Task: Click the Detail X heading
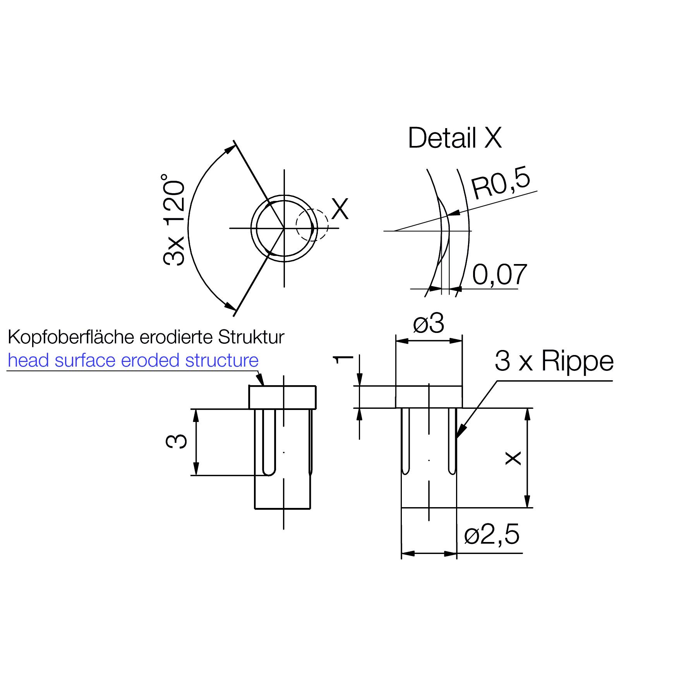coord(454,138)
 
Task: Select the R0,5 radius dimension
coord(501,185)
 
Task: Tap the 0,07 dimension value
coord(499,274)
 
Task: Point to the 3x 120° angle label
coord(174,220)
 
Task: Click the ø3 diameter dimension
coord(429,324)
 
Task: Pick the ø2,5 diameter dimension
coord(492,535)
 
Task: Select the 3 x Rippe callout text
coord(554,361)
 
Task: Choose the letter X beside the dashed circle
coord(340,209)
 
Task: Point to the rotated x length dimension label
coord(514,458)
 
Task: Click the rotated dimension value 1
coord(343,359)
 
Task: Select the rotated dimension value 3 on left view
coord(177,441)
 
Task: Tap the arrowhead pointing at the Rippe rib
coord(461,432)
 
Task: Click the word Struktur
coord(251,337)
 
